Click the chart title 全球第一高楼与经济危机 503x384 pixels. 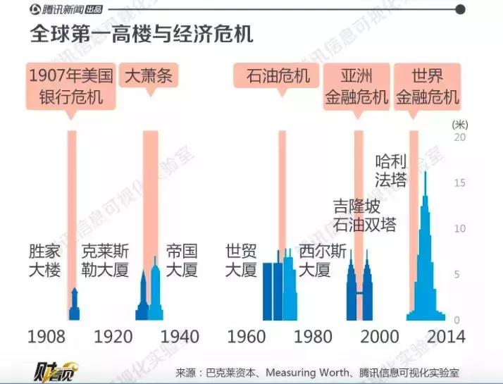[141, 34]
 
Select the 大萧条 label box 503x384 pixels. [149, 75]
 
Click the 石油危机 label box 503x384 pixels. [278, 75]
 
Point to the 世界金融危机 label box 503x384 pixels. [427, 85]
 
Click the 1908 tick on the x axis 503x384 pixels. [46, 337]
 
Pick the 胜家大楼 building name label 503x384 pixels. [44, 260]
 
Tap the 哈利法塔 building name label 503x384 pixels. [391, 170]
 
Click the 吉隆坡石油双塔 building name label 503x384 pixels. [364, 216]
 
